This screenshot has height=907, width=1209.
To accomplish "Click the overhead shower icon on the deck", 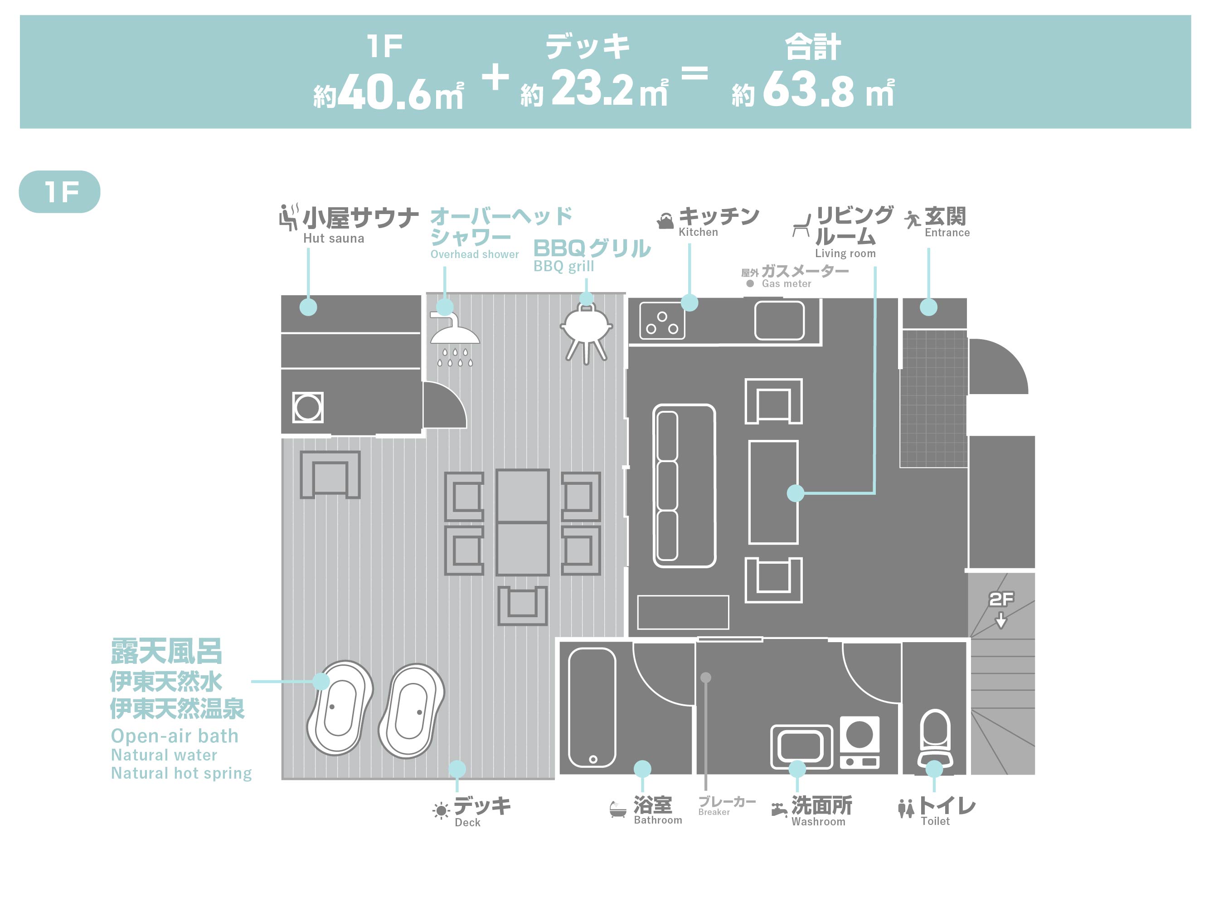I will tap(455, 339).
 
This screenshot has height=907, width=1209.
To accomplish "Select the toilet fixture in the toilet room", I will tap(935, 738).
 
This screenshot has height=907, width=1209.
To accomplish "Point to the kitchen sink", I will tap(779, 321).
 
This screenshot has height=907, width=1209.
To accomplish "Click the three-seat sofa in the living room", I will tap(684, 486).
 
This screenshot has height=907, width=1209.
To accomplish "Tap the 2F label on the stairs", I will tap(1001, 599).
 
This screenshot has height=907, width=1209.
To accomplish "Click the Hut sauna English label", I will tap(333, 239).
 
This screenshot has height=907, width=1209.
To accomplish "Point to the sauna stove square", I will tap(308, 407).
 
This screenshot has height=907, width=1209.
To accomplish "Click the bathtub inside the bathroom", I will tap(592, 707).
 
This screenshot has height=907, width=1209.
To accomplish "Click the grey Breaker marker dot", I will tap(706, 678).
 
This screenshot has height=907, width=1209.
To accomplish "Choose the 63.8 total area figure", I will tap(808, 90).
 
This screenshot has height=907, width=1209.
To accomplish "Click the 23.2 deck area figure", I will tap(592, 89).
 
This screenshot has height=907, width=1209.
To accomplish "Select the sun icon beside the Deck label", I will tap(441, 810).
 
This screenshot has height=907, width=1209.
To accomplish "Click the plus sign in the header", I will tap(496, 77).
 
